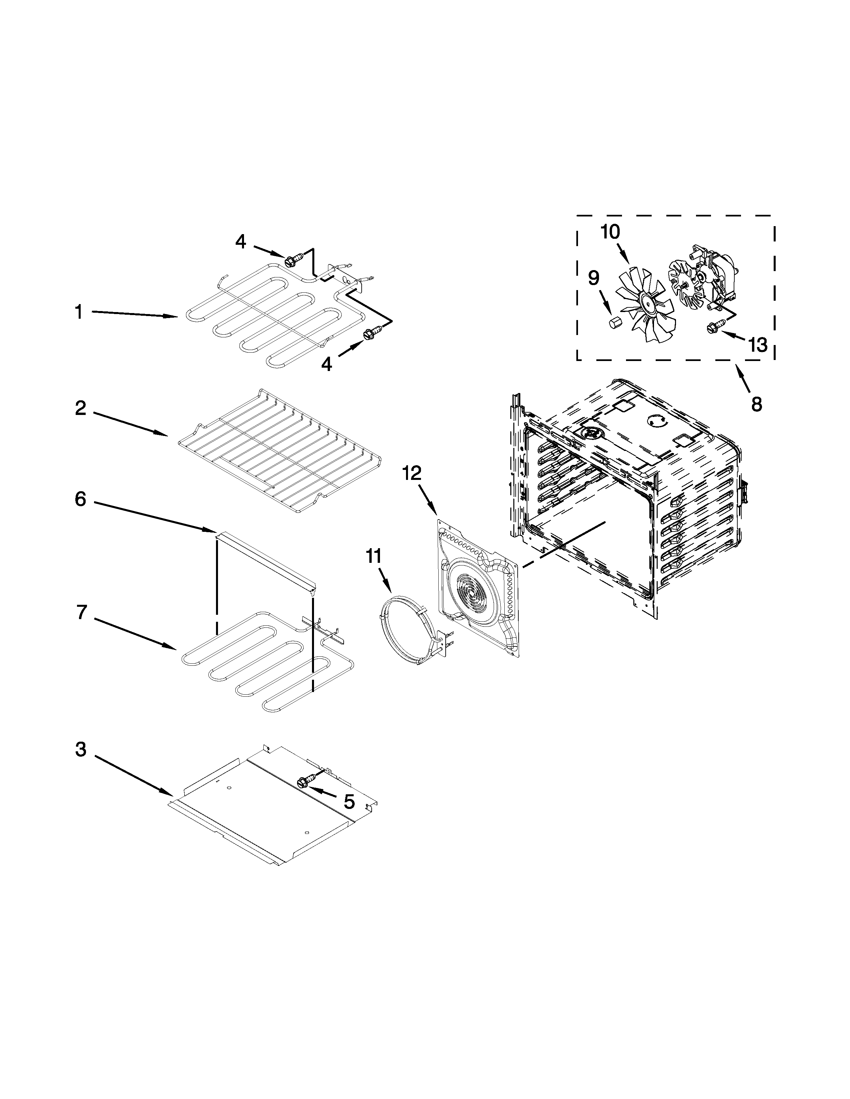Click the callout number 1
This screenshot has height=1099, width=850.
coord(79,312)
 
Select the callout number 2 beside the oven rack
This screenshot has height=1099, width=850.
coord(81,408)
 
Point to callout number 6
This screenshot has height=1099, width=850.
coord(81,499)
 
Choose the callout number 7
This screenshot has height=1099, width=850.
coord(82,612)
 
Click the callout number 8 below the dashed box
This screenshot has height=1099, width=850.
coord(756,404)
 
